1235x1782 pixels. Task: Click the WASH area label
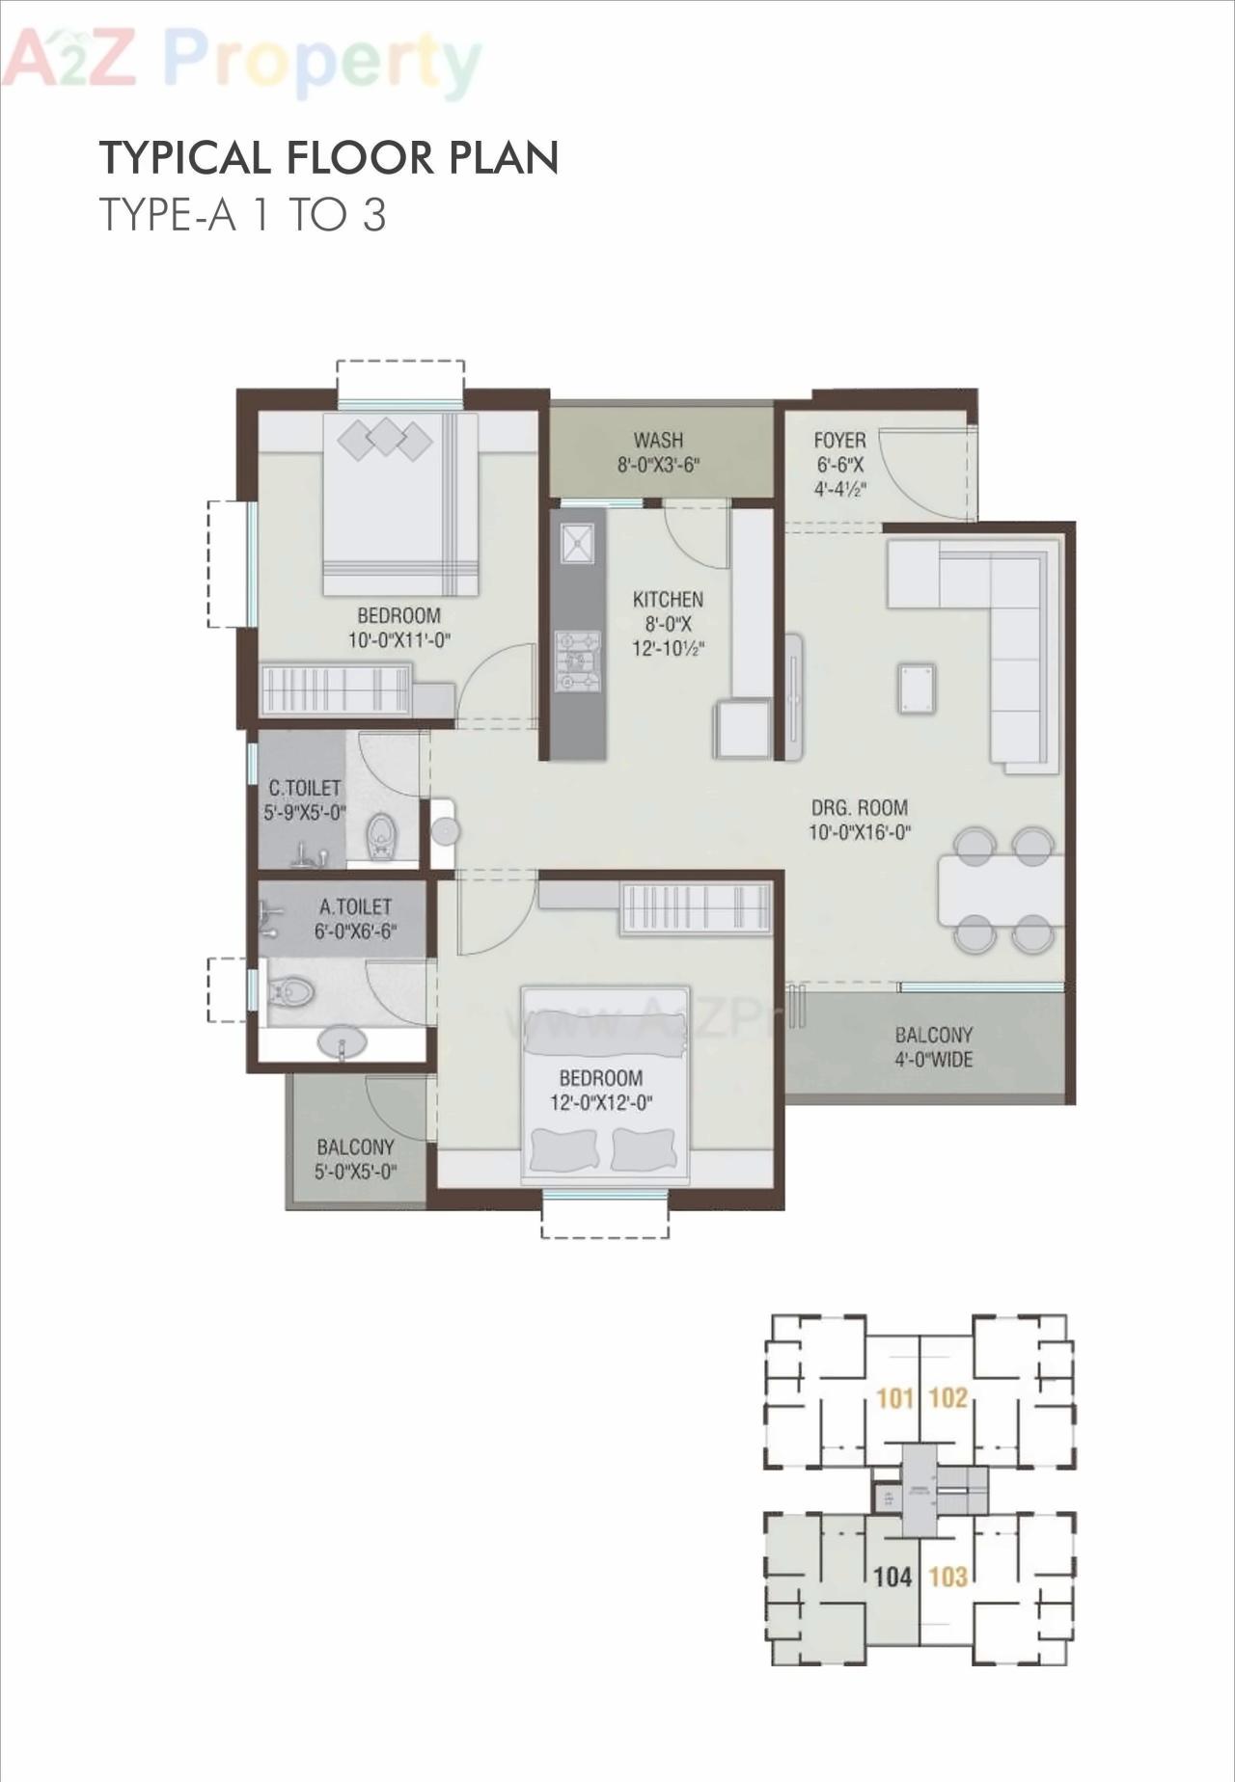(x=659, y=441)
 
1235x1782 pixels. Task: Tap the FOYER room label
(x=839, y=441)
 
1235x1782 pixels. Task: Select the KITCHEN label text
(x=668, y=600)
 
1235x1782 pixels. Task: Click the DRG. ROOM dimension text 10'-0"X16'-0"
(x=860, y=832)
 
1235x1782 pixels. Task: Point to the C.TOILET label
(x=305, y=789)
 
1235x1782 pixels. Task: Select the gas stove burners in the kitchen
(x=577, y=661)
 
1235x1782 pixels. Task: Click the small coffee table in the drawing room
(x=916, y=688)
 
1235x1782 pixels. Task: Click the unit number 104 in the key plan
(x=892, y=1578)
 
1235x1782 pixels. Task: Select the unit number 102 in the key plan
(x=947, y=1398)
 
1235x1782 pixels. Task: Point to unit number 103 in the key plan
(x=947, y=1578)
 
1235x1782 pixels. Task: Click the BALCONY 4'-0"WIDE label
(x=933, y=1047)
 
